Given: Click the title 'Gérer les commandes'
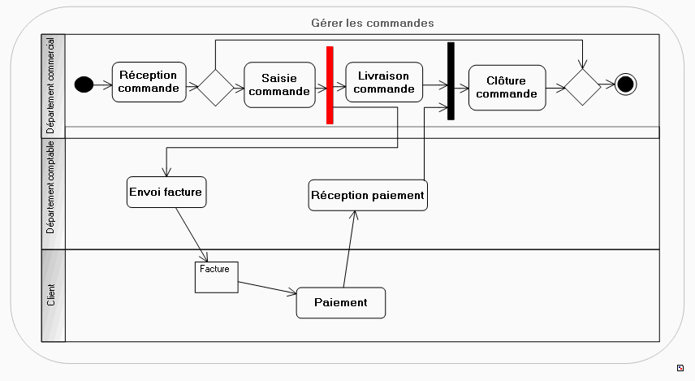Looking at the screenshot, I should (373, 23).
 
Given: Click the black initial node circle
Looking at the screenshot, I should (82, 84).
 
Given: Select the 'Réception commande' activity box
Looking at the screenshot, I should (149, 82).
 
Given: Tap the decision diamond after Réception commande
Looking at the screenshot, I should (215, 87).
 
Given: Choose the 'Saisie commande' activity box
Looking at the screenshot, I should (279, 84).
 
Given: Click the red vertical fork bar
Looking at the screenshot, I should (330, 84).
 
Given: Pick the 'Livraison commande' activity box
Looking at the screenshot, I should (383, 82).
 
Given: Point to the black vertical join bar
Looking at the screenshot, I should (451, 80).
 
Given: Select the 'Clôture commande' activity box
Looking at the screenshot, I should (507, 87).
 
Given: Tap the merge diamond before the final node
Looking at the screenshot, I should (582, 85).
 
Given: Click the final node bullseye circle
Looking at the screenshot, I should (625, 84).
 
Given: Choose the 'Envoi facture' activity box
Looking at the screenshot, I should (166, 193).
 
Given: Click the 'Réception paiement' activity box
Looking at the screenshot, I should (368, 195).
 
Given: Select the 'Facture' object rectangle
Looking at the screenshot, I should (216, 276).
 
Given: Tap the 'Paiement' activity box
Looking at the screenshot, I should (341, 302).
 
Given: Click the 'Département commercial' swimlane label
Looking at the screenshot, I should (52, 85).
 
